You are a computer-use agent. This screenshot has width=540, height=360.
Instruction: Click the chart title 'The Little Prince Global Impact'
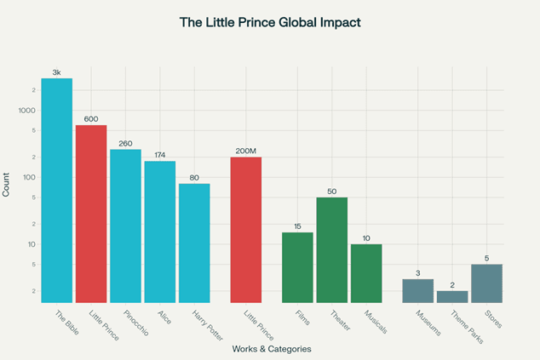(x=269, y=22)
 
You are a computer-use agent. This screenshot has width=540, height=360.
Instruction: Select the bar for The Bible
(x=57, y=191)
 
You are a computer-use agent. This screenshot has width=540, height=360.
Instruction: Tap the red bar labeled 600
(x=91, y=214)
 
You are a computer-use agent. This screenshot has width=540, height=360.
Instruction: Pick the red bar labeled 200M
(x=246, y=230)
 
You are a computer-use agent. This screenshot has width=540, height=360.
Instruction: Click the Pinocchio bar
(x=125, y=226)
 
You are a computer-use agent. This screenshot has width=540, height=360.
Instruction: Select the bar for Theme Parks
(x=452, y=296)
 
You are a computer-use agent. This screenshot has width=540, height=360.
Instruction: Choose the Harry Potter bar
(x=194, y=243)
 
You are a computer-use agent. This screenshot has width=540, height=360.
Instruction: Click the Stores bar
(x=486, y=283)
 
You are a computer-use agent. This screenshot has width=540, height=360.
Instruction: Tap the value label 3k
(x=57, y=73)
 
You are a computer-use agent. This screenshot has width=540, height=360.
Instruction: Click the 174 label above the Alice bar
(x=160, y=156)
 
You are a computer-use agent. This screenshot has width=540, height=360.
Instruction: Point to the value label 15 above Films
(x=297, y=226)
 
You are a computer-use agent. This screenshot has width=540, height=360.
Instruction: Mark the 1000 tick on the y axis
(x=26, y=111)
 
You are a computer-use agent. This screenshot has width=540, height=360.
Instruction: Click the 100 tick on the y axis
(x=28, y=177)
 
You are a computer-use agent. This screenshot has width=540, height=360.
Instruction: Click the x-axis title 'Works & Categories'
(x=270, y=349)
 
